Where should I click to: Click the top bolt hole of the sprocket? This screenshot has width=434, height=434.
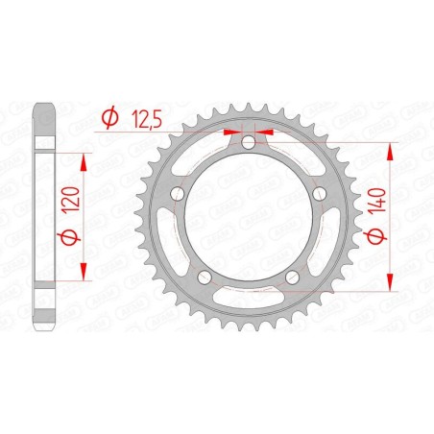pyautogui.click(x=249, y=143)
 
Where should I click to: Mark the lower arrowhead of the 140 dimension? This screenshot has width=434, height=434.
pyautogui.click(x=390, y=279)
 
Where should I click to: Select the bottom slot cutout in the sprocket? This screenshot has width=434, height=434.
pyautogui.click(x=249, y=304)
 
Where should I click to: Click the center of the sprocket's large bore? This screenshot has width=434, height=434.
pyautogui.click(x=249, y=218)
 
